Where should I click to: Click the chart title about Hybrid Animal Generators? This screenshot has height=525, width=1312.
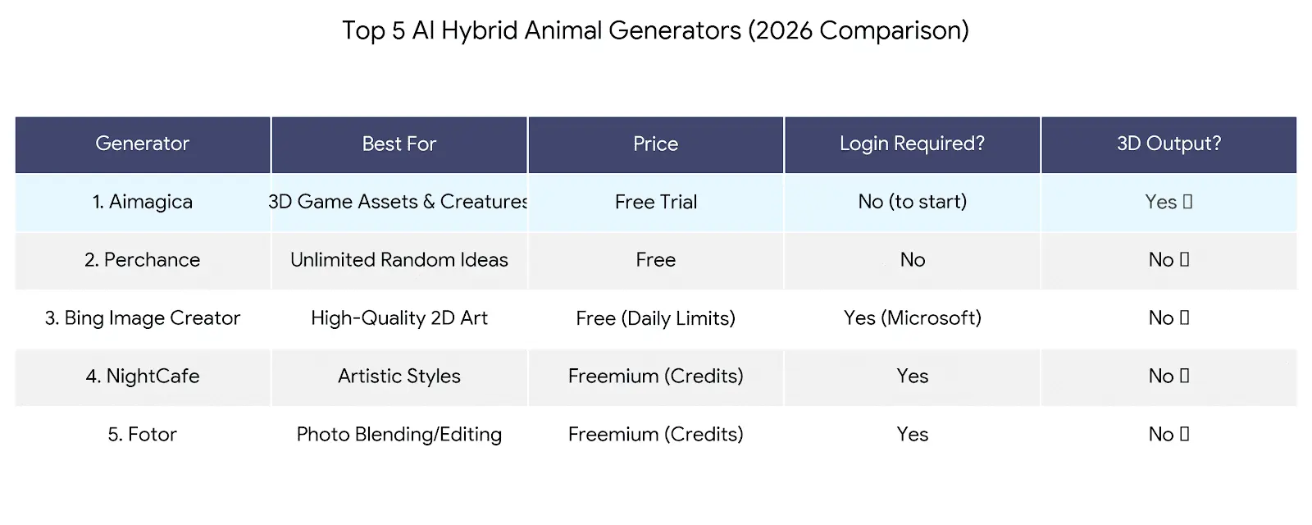click(x=655, y=30)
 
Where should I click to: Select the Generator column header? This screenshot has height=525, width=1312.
click(x=142, y=144)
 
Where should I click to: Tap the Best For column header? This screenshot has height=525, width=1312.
click(x=399, y=144)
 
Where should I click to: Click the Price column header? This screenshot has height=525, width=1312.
click(x=655, y=144)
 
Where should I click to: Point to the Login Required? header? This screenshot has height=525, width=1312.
click(x=912, y=144)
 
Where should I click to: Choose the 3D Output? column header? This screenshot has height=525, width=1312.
click(x=1168, y=144)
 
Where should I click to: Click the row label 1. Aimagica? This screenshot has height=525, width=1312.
click(x=142, y=202)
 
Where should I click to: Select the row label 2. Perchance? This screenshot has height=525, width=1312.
click(x=142, y=260)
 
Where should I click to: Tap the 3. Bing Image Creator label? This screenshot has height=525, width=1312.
click(x=142, y=318)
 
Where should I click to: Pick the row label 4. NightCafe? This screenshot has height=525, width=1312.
click(x=142, y=377)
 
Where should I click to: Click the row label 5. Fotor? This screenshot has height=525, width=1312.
click(x=142, y=435)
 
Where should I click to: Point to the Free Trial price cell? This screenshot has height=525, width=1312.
click(x=655, y=202)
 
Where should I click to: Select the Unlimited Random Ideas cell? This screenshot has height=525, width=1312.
click(x=399, y=260)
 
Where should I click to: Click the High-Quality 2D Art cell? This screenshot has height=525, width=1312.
click(x=399, y=318)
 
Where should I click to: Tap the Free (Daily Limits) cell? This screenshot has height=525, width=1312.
click(x=655, y=318)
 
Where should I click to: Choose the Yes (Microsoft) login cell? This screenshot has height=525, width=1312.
click(x=912, y=318)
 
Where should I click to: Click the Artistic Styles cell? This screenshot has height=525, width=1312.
click(x=399, y=377)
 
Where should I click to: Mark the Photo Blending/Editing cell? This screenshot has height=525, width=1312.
click(x=399, y=435)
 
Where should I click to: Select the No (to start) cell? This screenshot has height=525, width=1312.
click(x=912, y=202)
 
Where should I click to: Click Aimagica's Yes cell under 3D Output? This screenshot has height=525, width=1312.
click(x=1168, y=202)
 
